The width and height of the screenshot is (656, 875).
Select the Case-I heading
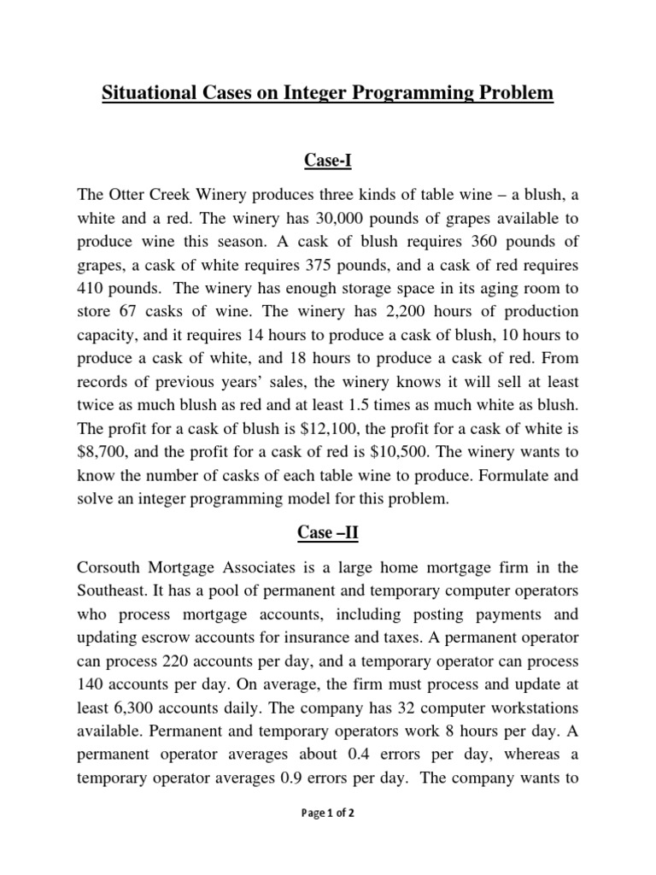pos(328,160)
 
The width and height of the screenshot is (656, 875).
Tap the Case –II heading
pos(328,532)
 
